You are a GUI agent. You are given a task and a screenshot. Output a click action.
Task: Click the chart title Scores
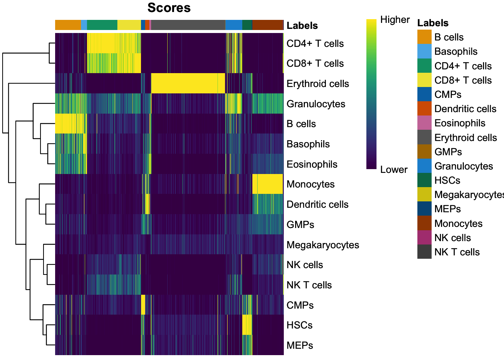click(x=169, y=8)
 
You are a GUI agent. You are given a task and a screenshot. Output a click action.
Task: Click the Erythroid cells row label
click(x=318, y=84)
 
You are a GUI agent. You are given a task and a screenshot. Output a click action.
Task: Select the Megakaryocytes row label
click(x=322, y=245)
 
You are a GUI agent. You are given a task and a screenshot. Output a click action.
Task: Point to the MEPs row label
click(x=300, y=345)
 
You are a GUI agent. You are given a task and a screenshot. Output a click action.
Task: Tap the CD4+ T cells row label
click(x=315, y=43)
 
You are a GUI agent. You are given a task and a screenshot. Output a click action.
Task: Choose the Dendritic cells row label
click(x=317, y=204)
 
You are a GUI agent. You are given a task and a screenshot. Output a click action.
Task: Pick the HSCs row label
click(x=299, y=325)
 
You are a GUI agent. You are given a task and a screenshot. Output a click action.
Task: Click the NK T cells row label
click(x=309, y=285)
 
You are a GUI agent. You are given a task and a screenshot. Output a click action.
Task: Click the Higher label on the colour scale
click(x=395, y=19)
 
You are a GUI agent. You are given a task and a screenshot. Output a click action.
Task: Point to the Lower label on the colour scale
click(x=394, y=169)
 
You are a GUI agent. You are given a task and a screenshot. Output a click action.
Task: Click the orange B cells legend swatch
click(x=424, y=37)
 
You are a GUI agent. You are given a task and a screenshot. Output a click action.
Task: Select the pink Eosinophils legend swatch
click(x=424, y=123)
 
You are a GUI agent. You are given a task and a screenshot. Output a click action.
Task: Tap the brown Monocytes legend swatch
click(x=424, y=223)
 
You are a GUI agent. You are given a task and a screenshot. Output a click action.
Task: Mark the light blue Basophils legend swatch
click(x=424, y=51)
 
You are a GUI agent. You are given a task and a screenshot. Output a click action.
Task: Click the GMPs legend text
click(x=448, y=152)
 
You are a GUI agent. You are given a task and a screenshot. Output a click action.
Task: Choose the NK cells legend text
click(x=453, y=238)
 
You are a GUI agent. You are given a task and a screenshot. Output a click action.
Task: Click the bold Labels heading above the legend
click(x=433, y=23)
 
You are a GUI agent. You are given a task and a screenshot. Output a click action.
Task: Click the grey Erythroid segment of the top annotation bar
click(x=188, y=25)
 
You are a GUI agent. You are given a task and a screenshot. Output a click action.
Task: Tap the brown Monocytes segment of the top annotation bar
click(x=267, y=25)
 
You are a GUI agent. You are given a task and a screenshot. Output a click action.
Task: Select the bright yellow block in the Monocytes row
click(x=267, y=184)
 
